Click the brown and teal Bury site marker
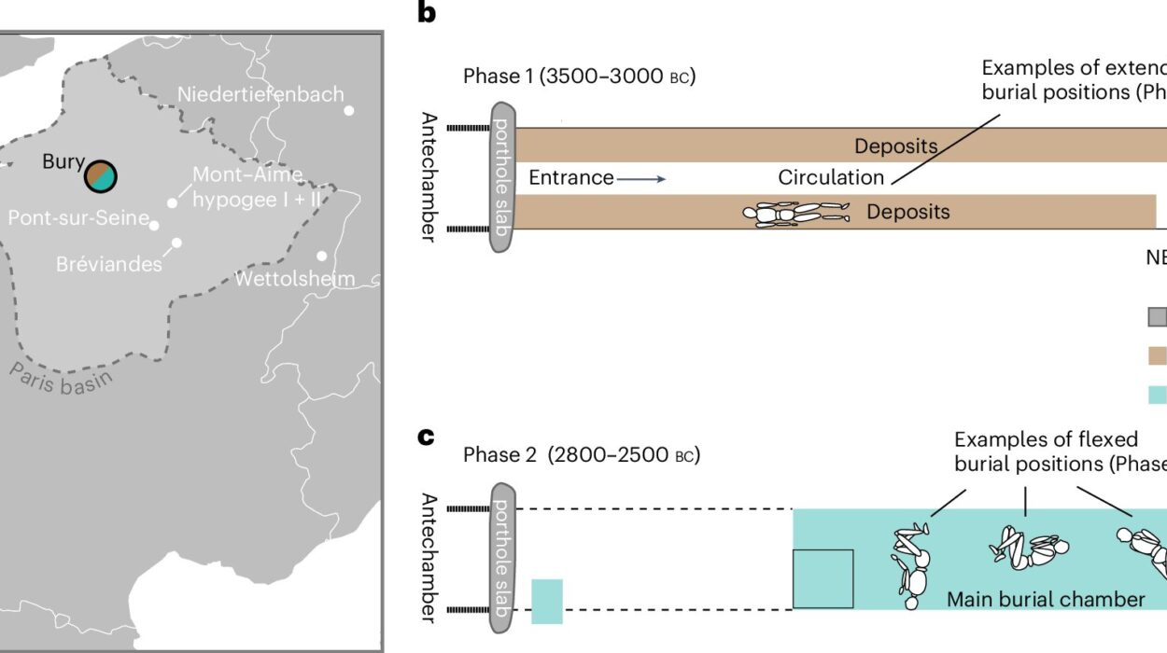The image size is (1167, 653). (x=101, y=175)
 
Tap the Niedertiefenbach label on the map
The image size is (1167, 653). (x=260, y=94)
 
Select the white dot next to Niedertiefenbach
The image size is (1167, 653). (x=349, y=110)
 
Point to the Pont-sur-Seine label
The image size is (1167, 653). (x=78, y=218)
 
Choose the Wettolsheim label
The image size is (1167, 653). (x=294, y=279)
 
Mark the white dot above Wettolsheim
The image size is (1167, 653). (x=322, y=256)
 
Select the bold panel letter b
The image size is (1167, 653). (x=427, y=14)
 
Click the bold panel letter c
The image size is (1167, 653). (x=427, y=436)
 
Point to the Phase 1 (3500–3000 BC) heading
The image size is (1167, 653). (x=579, y=76)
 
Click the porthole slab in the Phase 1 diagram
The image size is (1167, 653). (x=502, y=177)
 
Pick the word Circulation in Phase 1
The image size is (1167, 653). (x=831, y=177)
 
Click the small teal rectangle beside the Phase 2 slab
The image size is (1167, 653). (x=547, y=601)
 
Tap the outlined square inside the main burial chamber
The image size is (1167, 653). (x=823, y=578)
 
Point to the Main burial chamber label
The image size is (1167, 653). (x=1046, y=599)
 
